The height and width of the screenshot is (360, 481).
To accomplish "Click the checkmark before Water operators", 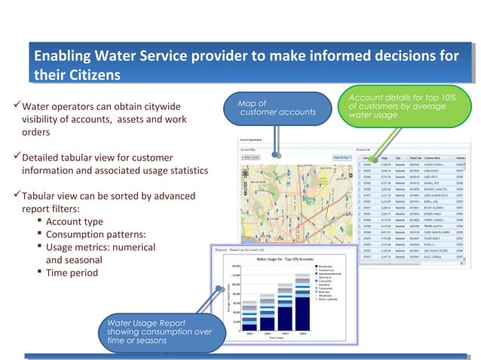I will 17,105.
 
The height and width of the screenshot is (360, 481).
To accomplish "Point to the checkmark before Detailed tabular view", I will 17,157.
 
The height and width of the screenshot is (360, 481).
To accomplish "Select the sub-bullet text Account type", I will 75,221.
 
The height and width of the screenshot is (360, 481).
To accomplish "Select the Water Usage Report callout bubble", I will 159,331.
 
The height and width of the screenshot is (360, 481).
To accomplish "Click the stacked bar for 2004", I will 302,307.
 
